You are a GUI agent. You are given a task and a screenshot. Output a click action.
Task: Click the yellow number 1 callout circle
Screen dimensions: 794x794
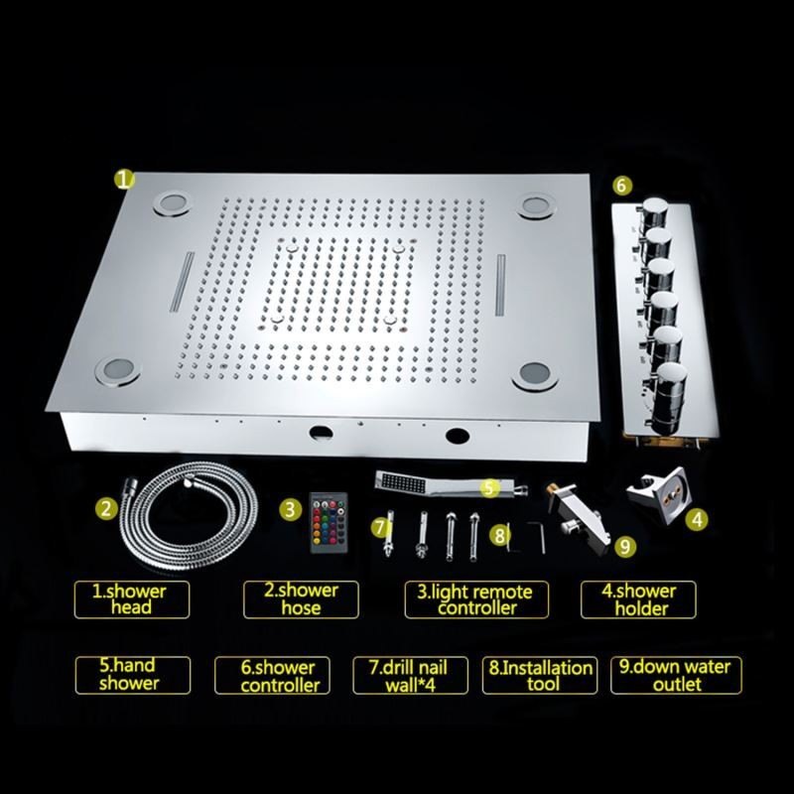(x=123, y=180)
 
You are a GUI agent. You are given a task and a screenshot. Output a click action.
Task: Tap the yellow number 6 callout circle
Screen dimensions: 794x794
(x=622, y=186)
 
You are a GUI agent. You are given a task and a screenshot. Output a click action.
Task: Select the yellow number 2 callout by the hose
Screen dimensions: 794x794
(x=106, y=508)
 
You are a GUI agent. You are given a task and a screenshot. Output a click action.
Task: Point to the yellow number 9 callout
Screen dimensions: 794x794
(x=625, y=546)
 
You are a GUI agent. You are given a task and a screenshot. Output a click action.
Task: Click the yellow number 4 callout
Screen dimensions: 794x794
(x=697, y=519)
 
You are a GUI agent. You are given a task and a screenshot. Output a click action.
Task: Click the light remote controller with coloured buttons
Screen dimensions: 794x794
(x=329, y=522)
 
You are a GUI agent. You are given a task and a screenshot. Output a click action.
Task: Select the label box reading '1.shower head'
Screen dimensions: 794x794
(x=132, y=599)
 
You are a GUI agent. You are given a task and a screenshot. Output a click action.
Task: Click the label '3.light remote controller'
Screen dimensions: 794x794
(x=476, y=599)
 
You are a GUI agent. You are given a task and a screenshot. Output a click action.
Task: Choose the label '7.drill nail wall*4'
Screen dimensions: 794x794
(x=410, y=676)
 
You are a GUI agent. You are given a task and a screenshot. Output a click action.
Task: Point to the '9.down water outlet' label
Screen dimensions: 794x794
(x=676, y=675)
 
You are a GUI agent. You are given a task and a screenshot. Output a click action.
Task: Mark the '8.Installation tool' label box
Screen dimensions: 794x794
(x=540, y=675)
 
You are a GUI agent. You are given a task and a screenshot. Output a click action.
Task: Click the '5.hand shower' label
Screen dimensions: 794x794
(x=133, y=675)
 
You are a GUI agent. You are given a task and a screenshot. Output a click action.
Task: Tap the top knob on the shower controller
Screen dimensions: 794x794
(x=654, y=210)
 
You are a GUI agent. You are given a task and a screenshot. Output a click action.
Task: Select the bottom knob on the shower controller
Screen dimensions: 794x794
(x=669, y=399)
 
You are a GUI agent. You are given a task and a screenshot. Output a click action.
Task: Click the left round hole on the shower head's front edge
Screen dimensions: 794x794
(x=321, y=432)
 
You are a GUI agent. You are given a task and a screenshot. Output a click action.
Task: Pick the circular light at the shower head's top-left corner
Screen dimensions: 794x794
(x=173, y=204)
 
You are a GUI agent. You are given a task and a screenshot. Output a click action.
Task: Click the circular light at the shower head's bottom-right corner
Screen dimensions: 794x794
(x=535, y=376)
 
